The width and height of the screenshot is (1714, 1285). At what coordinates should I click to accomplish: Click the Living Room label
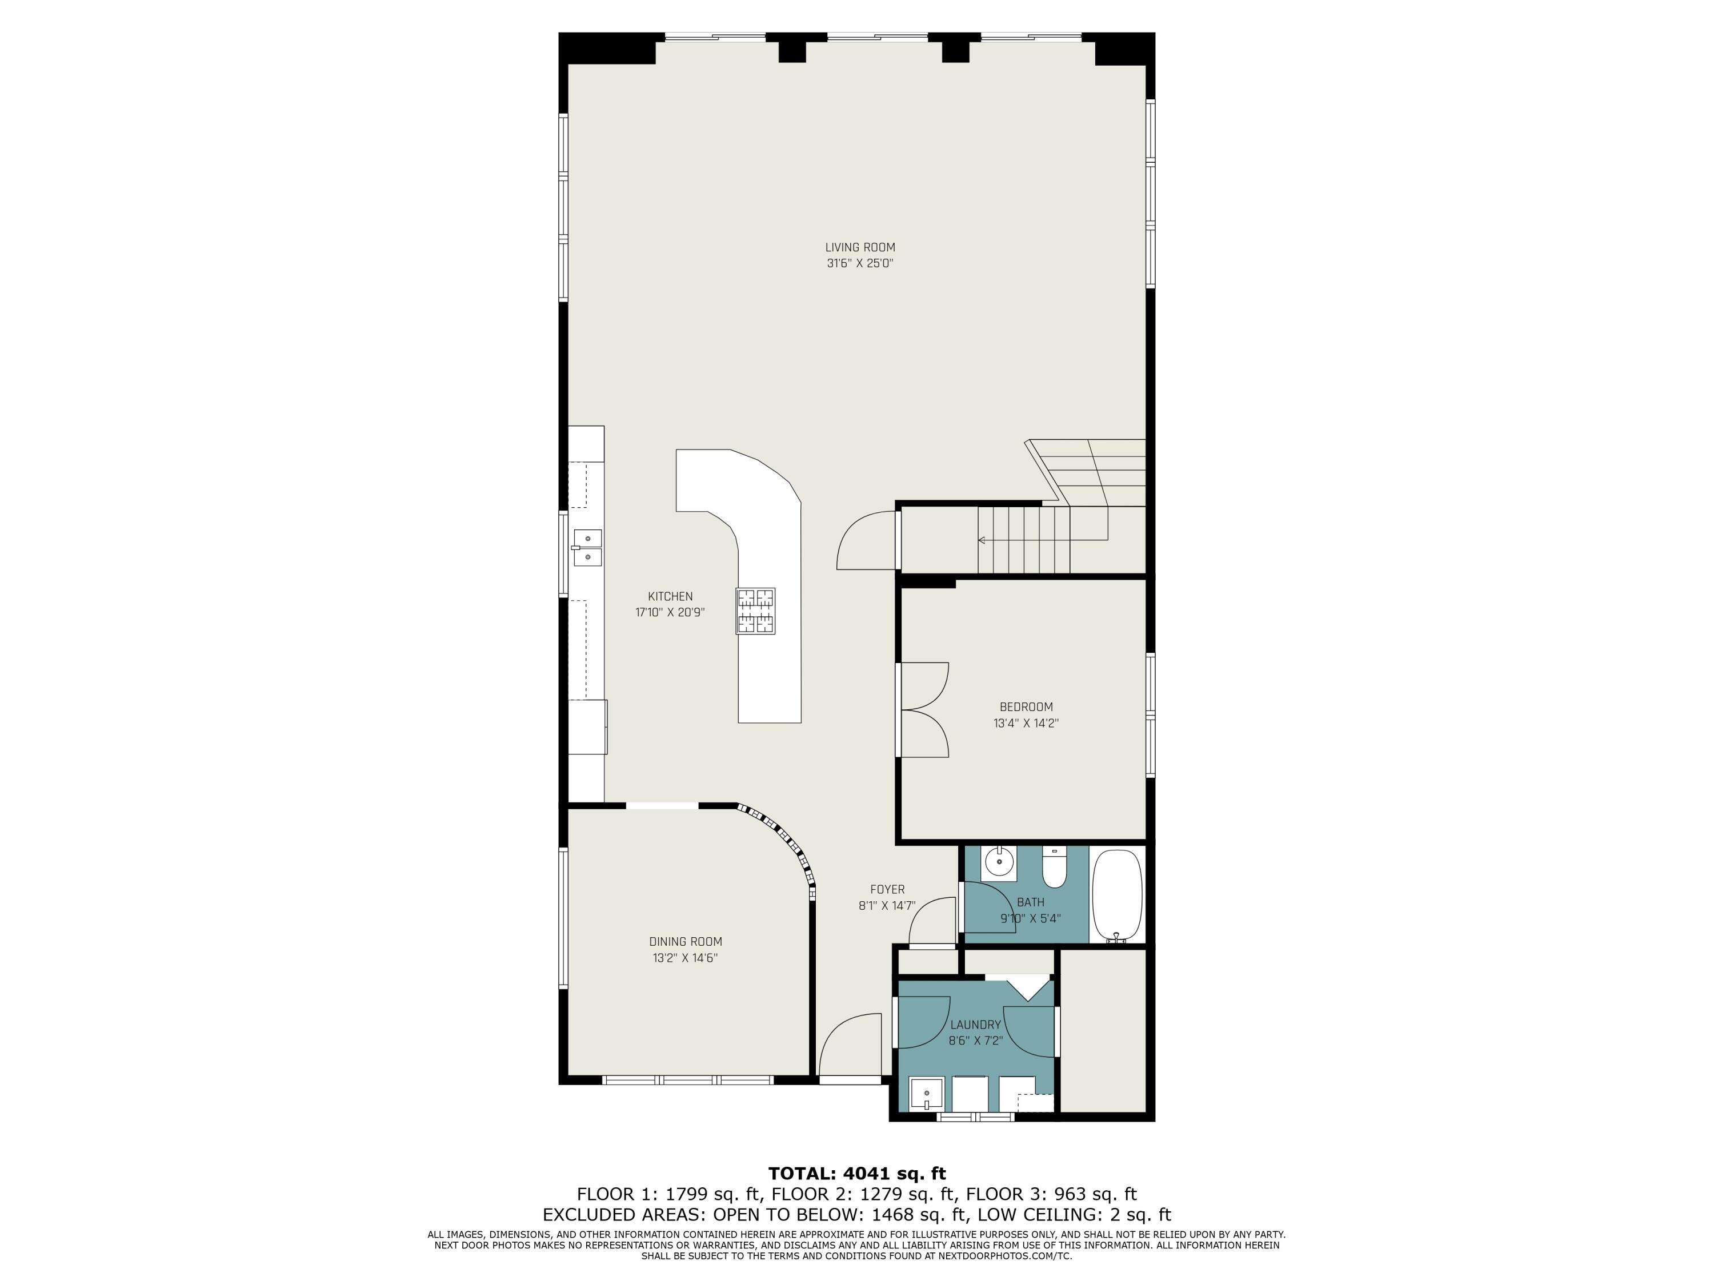pyautogui.click(x=859, y=247)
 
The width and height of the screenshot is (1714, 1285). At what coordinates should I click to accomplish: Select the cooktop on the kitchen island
pyautogui.click(x=755, y=611)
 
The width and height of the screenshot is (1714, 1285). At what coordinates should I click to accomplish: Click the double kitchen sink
pyautogui.click(x=588, y=547)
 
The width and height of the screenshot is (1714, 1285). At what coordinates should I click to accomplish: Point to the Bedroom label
pyautogui.click(x=1026, y=706)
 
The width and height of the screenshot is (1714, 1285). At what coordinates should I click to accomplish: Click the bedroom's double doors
pyautogui.click(x=924, y=709)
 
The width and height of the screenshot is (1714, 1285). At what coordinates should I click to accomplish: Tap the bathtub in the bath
pyautogui.click(x=1116, y=894)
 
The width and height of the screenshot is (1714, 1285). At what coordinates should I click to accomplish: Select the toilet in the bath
pyautogui.click(x=1054, y=868)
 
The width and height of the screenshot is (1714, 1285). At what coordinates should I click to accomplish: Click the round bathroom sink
pyautogui.click(x=1000, y=861)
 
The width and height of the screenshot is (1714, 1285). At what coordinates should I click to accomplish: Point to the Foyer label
pyautogui.click(x=887, y=889)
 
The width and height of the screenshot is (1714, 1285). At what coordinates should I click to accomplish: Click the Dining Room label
pyautogui.click(x=685, y=941)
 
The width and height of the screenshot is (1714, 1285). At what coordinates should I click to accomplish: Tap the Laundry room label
pyautogui.click(x=976, y=1024)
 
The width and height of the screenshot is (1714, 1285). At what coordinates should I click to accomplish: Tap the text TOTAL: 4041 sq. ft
pyautogui.click(x=857, y=1174)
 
